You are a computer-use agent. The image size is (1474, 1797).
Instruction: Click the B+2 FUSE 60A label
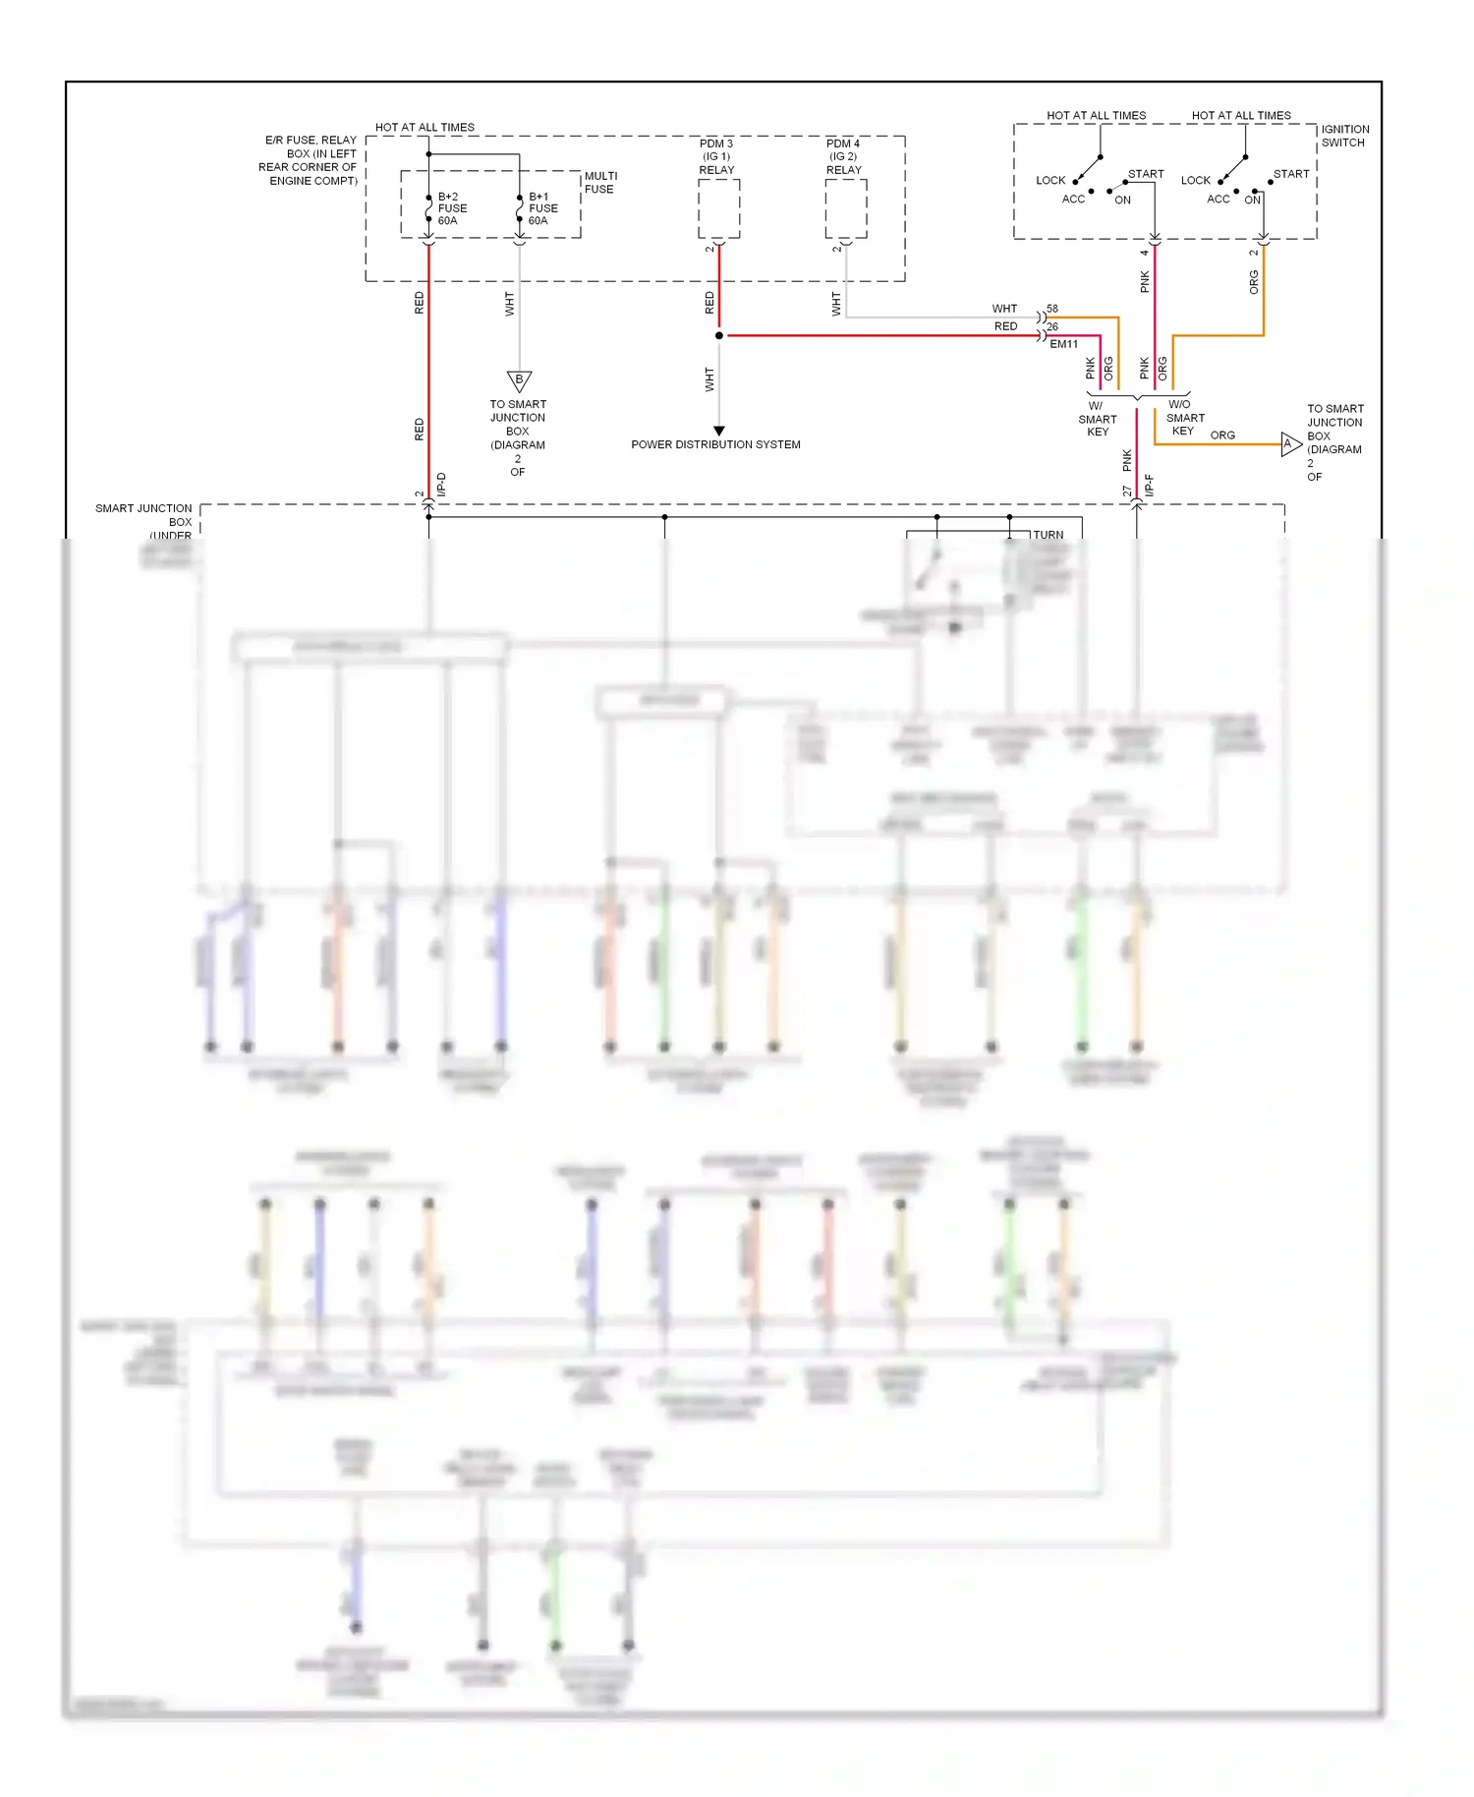[x=451, y=208]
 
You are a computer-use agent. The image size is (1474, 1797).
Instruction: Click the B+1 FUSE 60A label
[x=542, y=208]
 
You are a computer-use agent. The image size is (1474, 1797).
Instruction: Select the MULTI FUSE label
[x=600, y=183]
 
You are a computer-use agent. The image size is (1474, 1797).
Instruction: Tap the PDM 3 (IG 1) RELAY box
[x=718, y=208]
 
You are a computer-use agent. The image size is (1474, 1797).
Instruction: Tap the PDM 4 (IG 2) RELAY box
[x=845, y=208]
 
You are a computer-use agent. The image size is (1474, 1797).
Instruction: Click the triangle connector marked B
[x=519, y=380]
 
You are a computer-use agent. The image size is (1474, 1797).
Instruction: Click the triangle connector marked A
[x=1289, y=444]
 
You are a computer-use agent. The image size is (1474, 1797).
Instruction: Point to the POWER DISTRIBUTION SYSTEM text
[x=715, y=444]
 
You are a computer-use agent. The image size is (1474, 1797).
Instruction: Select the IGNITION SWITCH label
[x=1344, y=136]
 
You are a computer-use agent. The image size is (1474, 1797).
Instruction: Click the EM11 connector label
[x=1063, y=344]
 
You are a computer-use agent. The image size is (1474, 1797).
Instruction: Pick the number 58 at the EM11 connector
[x=1052, y=309]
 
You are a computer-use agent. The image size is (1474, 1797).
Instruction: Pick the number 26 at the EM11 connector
[x=1052, y=326]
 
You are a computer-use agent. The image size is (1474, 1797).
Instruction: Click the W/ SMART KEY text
[x=1097, y=419]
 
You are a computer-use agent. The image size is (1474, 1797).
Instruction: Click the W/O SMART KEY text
[x=1183, y=418]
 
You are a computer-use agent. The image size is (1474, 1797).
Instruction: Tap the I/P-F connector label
[x=1149, y=485]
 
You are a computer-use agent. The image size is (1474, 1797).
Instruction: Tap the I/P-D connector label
[x=441, y=484]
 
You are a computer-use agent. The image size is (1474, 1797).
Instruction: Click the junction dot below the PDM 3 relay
[x=719, y=335]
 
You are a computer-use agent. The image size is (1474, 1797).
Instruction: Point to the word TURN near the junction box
[x=1048, y=535]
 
